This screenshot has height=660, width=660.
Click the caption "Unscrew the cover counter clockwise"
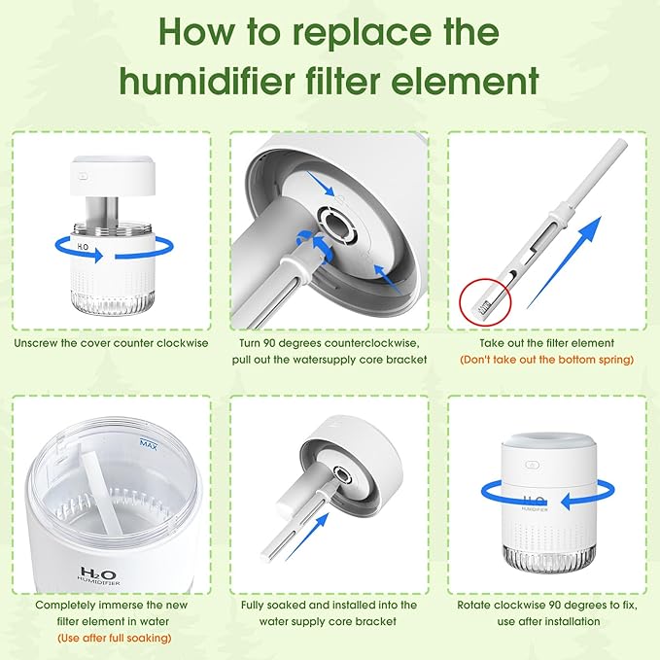111,343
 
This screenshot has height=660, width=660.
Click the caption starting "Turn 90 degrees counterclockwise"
330,343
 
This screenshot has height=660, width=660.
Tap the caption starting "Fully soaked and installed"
330,605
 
